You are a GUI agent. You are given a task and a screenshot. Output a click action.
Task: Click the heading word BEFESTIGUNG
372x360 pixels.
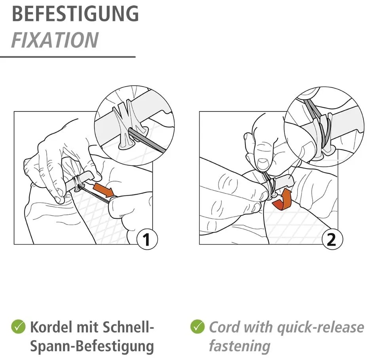click(x=75, y=14)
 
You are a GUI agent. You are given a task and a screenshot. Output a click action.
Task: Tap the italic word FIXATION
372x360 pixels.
click(x=55, y=40)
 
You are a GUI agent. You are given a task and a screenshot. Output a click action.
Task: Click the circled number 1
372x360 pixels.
click(x=147, y=239)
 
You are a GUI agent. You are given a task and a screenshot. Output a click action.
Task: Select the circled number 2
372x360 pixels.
click(x=332, y=239)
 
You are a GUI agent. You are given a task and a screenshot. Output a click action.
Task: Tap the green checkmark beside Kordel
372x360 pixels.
click(x=18, y=326)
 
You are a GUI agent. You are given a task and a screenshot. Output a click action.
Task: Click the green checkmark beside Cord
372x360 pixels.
click(x=197, y=326)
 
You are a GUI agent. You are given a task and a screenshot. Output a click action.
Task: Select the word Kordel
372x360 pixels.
click(x=51, y=327)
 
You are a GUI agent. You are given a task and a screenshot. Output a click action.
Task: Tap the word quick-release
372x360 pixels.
click(x=321, y=328)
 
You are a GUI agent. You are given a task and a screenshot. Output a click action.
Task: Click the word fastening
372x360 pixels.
click(x=240, y=347)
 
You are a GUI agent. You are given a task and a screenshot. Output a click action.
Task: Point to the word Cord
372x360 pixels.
click(x=225, y=327)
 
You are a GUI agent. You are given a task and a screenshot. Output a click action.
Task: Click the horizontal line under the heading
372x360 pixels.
click(x=68, y=57)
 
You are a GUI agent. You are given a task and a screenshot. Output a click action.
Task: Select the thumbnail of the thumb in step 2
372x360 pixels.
click(x=263, y=163)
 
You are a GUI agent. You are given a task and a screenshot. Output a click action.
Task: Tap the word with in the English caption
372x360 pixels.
click(x=258, y=327)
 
